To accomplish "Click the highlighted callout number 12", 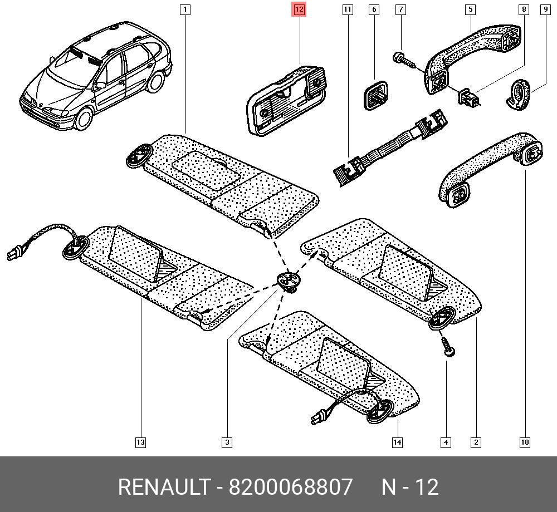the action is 299,9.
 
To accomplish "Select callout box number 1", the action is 185,9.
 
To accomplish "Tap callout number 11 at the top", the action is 348,9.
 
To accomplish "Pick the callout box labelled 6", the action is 374,9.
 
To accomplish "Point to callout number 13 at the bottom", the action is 141,442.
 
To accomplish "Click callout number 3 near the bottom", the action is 227,442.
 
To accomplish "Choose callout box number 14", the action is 397,442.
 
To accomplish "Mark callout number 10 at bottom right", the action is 525,442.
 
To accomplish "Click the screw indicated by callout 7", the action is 404,60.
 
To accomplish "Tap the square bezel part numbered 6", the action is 375,95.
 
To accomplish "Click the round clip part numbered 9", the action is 518,95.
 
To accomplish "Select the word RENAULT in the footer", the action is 164,486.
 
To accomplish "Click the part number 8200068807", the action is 291,486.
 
